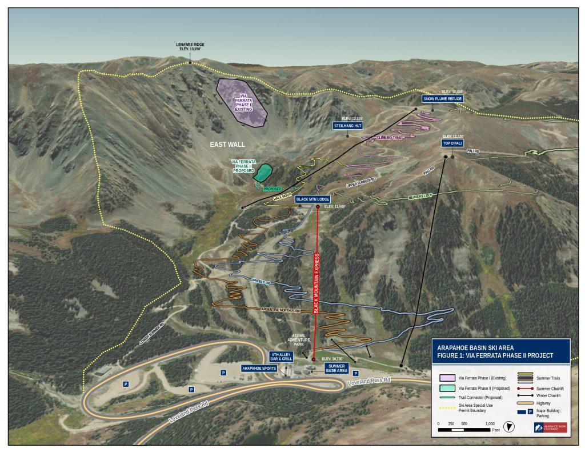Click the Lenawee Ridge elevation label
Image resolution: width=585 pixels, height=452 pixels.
coord(191,47)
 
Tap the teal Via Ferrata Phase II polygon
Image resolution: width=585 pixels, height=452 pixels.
coord(263,173)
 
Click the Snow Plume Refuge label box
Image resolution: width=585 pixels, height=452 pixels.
coord(442,99)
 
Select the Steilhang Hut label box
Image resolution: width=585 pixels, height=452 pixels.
coord(348,125)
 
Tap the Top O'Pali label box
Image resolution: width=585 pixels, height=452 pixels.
coord(453,143)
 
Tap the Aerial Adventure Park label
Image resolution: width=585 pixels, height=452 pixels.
coord(297,339)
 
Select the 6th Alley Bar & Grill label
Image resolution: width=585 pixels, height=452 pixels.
coord(282,356)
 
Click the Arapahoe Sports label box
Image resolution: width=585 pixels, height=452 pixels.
coord(259,368)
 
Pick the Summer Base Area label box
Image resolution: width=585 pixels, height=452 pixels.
coord(336,368)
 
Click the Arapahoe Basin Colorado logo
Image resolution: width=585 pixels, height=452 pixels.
coord(550,427)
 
